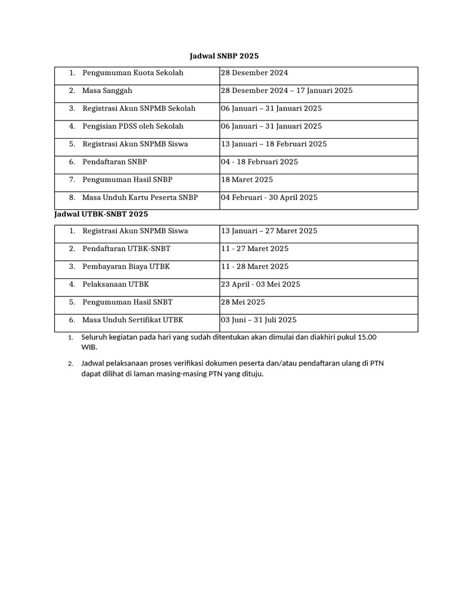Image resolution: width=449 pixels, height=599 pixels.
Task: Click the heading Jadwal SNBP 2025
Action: pos(224,56)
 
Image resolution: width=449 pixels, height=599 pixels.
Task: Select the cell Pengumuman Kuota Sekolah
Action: pos(133,73)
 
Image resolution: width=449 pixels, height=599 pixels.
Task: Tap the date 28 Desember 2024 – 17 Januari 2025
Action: pos(286,91)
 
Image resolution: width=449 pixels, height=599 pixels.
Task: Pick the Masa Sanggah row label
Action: pos(107,91)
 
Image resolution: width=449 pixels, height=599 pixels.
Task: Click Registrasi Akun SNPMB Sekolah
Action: pos(139,108)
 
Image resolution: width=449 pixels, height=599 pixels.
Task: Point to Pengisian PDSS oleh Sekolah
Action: pos(133,126)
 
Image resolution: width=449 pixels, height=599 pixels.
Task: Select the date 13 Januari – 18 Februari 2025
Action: pos(274,144)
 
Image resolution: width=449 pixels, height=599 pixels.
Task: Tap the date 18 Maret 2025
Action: pos(247,180)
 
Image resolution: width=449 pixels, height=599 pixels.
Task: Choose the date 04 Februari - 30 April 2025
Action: pos(269,197)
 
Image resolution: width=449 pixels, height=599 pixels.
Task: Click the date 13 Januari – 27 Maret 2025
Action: pos(269,230)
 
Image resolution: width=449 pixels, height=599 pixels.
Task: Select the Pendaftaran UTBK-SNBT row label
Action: pos(126,249)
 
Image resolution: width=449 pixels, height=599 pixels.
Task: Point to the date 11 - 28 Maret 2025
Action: pos(254,266)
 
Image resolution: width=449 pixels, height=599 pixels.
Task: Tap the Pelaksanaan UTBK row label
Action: pos(116,284)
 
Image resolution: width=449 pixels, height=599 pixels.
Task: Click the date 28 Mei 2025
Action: pos(243,302)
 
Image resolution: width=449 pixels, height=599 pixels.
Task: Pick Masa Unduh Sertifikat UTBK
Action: pos(133,319)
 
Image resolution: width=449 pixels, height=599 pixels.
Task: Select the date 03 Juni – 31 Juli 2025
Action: pos(258,319)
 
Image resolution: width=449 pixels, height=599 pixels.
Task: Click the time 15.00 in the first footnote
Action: pos(367,337)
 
